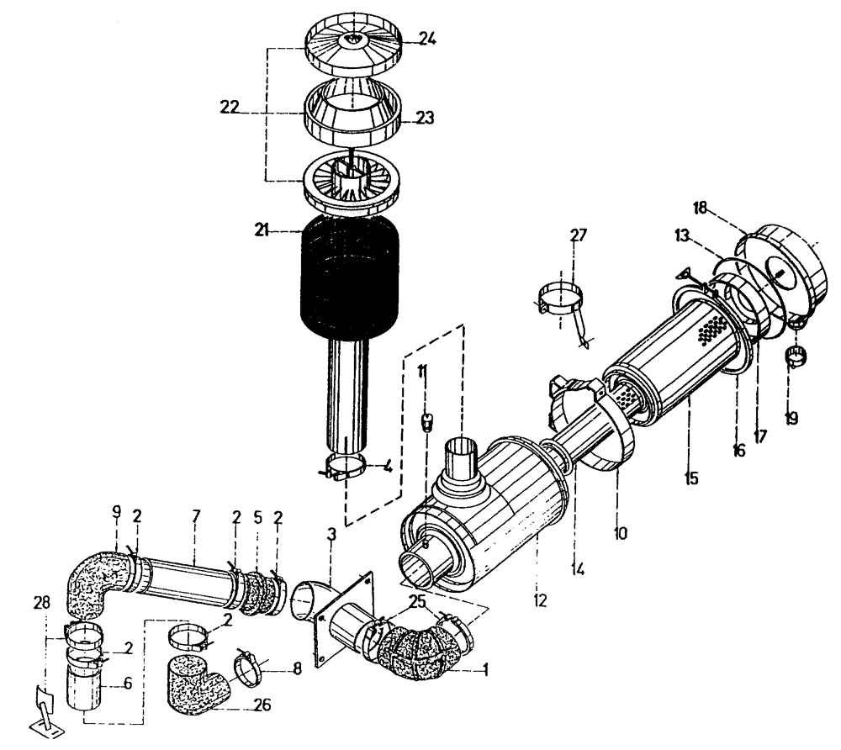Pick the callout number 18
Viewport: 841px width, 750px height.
tap(703, 207)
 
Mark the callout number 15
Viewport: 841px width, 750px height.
tap(692, 478)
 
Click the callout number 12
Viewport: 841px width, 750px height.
tap(539, 600)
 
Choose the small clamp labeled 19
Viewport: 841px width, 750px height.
tap(796, 357)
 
